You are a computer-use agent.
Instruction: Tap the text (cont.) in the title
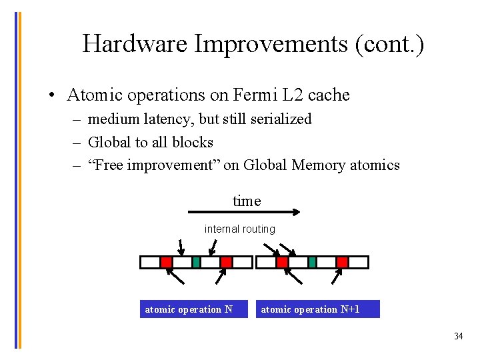point(389,44)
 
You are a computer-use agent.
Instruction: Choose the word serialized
point(279,119)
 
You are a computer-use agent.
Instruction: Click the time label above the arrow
point(247,201)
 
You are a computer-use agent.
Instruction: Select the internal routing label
point(239,229)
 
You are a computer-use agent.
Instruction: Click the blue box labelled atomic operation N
point(193,309)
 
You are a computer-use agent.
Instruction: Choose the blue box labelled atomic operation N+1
point(317,309)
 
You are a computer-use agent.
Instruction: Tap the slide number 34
point(458,336)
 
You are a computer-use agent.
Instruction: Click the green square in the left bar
point(196,262)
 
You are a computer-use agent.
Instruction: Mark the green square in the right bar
point(312,262)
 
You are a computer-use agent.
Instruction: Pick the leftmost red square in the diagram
point(167,262)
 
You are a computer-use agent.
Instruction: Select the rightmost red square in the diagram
point(342,262)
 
